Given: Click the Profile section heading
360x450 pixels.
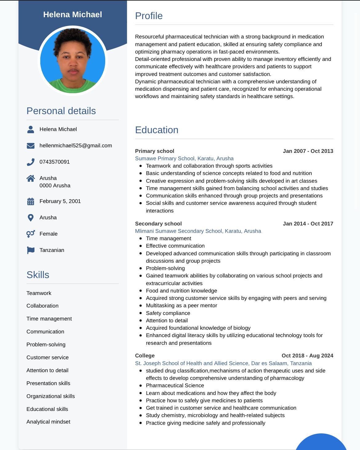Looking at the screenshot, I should (149, 16).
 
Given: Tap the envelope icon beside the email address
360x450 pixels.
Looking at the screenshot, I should (30, 146).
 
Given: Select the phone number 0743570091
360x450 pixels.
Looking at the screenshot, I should (54, 162).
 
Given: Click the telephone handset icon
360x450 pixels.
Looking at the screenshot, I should (30, 162).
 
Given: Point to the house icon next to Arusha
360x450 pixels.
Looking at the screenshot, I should (30, 178).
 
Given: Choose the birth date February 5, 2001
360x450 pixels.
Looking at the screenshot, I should (60, 201).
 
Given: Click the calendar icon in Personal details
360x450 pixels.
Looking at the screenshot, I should (30, 201).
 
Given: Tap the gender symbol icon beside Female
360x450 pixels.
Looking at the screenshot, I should (30, 234).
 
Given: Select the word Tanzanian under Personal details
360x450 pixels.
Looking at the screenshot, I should (52, 250).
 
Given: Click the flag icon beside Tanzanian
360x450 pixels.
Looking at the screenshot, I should (30, 250).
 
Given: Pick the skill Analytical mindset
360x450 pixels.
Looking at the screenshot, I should (48, 422).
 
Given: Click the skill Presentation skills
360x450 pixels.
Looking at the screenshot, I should (48, 383).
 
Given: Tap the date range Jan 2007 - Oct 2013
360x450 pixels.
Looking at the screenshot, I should (308, 151).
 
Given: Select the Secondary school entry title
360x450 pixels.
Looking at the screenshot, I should (158, 224).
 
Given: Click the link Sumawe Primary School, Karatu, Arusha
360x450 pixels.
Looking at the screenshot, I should (184, 158).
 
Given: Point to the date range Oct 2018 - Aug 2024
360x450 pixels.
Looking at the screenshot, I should (307, 356).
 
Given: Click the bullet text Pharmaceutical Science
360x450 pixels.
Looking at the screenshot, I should (175, 385).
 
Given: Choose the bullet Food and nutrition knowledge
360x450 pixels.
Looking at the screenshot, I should (181, 291).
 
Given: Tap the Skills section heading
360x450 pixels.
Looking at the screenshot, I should (38, 275).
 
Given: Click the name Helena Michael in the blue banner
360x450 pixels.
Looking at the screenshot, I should (73, 14).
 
